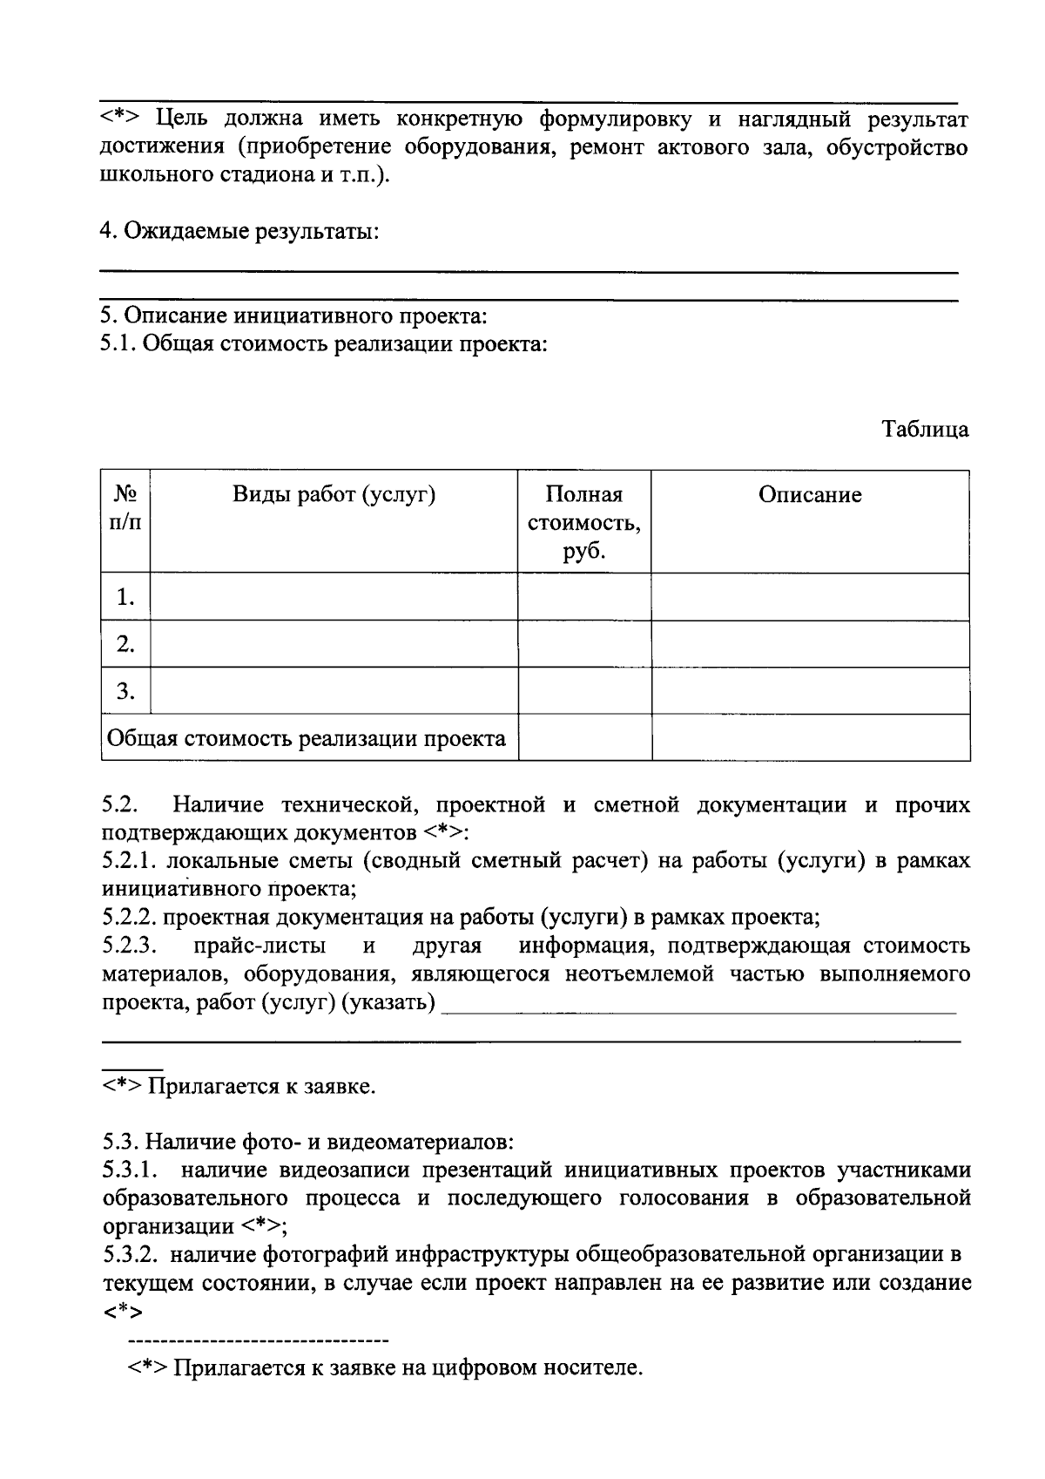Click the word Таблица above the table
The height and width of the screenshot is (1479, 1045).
pos(925,430)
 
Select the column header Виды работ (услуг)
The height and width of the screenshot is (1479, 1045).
pos(334,495)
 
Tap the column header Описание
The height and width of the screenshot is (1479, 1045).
pos(810,495)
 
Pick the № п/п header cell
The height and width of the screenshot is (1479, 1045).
pos(125,508)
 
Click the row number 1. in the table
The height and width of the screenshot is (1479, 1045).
pos(125,597)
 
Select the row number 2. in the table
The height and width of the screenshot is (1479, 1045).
pos(125,644)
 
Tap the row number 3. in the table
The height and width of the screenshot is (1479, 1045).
pos(125,691)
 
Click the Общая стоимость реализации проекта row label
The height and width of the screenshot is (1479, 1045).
pos(307,739)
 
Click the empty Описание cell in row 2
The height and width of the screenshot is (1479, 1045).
pos(810,644)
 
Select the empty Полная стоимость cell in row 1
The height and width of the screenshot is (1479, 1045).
pos(584,597)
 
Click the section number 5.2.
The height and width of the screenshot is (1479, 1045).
pos(119,804)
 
